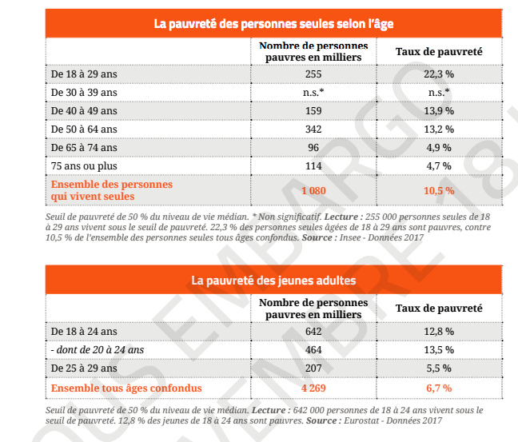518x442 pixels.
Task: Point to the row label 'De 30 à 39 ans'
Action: [84, 92]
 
